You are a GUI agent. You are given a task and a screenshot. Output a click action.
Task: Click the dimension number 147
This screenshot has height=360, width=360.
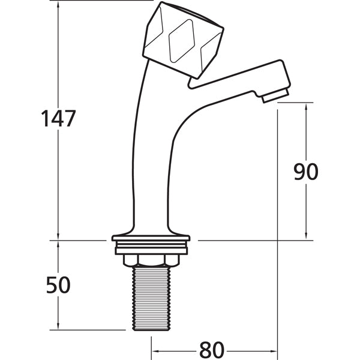(x=58, y=118)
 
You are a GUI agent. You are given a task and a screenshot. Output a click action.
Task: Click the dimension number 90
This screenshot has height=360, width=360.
(x=305, y=172)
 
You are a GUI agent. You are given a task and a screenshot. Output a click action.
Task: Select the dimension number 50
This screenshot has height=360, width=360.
(x=58, y=285)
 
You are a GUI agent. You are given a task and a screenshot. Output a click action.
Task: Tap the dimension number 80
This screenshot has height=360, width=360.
(x=211, y=349)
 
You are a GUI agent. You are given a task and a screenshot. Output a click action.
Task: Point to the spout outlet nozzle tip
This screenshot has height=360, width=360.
(x=276, y=95)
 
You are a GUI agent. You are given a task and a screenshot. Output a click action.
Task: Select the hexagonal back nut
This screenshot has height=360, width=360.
(x=151, y=259)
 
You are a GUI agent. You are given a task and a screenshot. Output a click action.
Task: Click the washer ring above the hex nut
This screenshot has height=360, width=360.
(x=151, y=246)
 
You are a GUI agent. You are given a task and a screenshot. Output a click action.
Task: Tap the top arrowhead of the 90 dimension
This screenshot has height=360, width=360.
(x=307, y=106)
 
